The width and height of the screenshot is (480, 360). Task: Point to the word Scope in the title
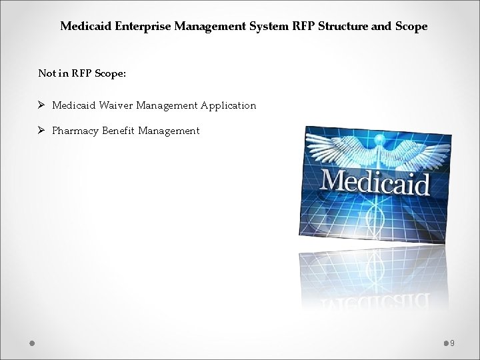pyautogui.click(x=412, y=27)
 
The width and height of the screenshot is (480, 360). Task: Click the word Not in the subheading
pyautogui.click(x=47, y=73)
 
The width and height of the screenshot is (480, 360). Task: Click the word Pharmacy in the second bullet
pyautogui.click(x=75, y=131)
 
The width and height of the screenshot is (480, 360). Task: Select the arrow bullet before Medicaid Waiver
pyautogui.click(x=41, y=105)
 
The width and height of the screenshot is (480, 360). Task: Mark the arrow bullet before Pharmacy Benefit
pyautogui.click(x=41, y=131)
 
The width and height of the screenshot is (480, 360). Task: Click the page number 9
pyautogui.click(x=453, y=343)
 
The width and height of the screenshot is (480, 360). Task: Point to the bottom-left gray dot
pyautogui.click(x=32, y=343)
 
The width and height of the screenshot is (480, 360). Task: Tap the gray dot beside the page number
pyautogui.click(x=446, y=343)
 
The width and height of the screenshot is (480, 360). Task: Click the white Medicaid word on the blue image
pyautogui.click(x=375, y=181)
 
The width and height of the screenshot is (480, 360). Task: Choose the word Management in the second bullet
pyautogui.click(x=169, y=131)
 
